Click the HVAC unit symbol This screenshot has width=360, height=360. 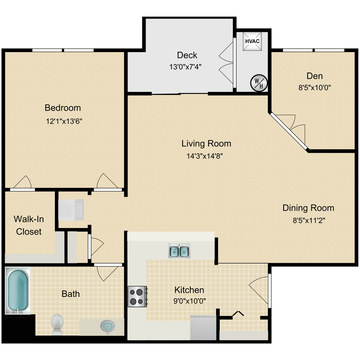[x=252, y=41]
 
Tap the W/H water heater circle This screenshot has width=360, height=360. [x=258, y=82]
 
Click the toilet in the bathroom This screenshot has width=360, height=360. [x=57, y=324]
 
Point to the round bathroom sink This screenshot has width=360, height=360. [x=107, y=327]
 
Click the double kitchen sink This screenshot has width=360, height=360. [x=179, y=251]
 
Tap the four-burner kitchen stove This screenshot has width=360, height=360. [x=137, y=296]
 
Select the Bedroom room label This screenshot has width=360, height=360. [x=63, y=108]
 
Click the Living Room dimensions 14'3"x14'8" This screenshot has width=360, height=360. [x=205, y=156]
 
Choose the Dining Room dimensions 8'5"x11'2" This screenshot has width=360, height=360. [x=308, y=221]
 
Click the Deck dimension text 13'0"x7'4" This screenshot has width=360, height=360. [x=185, y=67]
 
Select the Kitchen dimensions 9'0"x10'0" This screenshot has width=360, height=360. [x=190, y=301]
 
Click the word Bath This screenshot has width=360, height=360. [x=70, y=294]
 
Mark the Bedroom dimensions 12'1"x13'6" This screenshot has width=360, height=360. [x=64, y=121]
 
